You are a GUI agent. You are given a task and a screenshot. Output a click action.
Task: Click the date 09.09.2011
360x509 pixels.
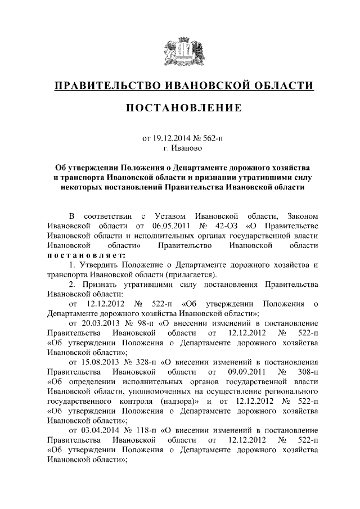(x=245, y=372)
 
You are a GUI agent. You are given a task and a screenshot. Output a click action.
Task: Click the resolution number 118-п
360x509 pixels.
(x=149, y=430)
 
